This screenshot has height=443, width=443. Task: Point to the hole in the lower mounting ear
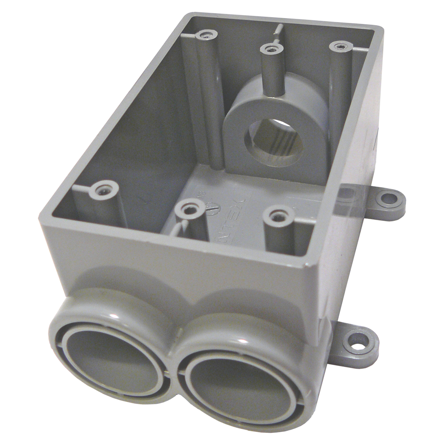[x=362, y=342]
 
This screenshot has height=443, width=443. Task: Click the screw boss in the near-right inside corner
[x=278, y=217]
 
